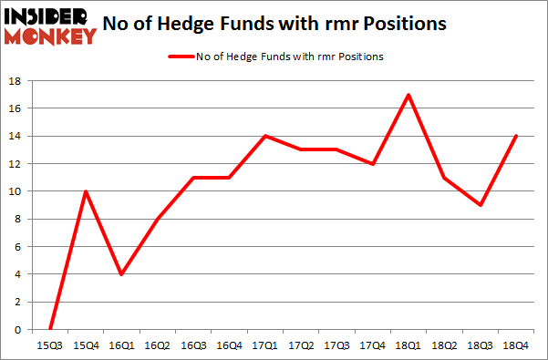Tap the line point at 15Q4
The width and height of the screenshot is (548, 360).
(85, 191)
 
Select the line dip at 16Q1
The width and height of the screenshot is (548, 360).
(120, 274)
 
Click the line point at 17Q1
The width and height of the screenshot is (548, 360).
(264, 136)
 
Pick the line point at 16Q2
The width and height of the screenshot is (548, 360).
(156, 219)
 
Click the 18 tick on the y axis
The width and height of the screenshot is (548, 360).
(16, 81)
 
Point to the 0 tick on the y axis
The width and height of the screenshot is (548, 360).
(19, 330)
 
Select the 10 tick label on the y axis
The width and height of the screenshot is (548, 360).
(16, 191)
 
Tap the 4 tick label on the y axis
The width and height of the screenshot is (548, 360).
(19, 274)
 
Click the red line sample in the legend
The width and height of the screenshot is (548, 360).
(181, 57)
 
